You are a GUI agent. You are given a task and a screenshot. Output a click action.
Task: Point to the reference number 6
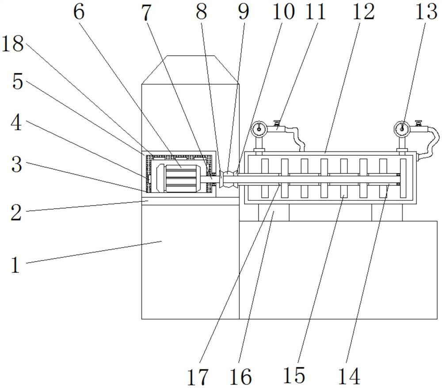pos(79,11)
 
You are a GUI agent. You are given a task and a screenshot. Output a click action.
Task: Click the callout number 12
pos(363,11)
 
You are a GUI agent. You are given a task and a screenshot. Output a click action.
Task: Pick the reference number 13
pos(426,11)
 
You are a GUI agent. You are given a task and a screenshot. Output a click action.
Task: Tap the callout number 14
pos(350,376)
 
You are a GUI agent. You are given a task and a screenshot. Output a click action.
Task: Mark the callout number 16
pos(240,377)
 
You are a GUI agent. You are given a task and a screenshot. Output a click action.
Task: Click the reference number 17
pos(198,377)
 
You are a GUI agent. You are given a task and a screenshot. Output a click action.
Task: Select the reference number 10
pos(284,11)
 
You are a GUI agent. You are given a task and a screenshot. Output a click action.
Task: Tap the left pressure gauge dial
pos(259,129)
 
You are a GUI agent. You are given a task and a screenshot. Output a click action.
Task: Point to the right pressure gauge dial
pos(402,129)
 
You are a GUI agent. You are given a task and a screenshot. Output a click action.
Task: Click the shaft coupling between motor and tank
pos(229,178)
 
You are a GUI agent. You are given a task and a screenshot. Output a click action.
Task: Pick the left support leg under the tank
pos(274,212)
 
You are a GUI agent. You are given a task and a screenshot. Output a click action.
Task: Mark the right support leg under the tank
pos(387,212)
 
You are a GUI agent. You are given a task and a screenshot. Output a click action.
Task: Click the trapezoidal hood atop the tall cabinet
pos(190,70)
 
